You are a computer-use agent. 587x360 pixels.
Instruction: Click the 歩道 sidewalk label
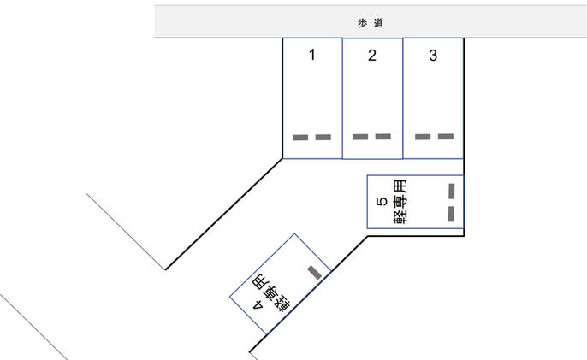point(370,24)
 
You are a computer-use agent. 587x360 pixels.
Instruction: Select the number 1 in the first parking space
point(312,56)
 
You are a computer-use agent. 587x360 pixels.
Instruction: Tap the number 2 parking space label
point(372,56)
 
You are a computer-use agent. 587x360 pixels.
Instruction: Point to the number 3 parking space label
point(433,56)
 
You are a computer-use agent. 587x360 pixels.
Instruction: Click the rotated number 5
point(382,203)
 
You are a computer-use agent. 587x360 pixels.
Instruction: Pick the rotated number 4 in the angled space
point(256,304)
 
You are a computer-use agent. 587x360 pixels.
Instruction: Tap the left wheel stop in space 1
point(300,137)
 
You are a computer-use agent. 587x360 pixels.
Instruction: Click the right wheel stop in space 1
point(323,137)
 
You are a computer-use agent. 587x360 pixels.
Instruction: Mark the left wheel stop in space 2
point(360,136)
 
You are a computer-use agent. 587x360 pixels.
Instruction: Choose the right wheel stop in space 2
point(382,136)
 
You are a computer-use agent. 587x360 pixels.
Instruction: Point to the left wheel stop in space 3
point(423,136)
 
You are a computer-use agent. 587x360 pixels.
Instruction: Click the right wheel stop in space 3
point(445,136)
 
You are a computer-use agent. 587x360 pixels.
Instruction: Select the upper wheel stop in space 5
point(451,190)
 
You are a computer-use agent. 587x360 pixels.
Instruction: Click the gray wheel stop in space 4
point(314,273)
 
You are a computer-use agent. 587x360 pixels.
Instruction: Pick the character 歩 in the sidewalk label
point(363,24)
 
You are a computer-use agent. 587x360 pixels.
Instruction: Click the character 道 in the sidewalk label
point(377,24)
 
